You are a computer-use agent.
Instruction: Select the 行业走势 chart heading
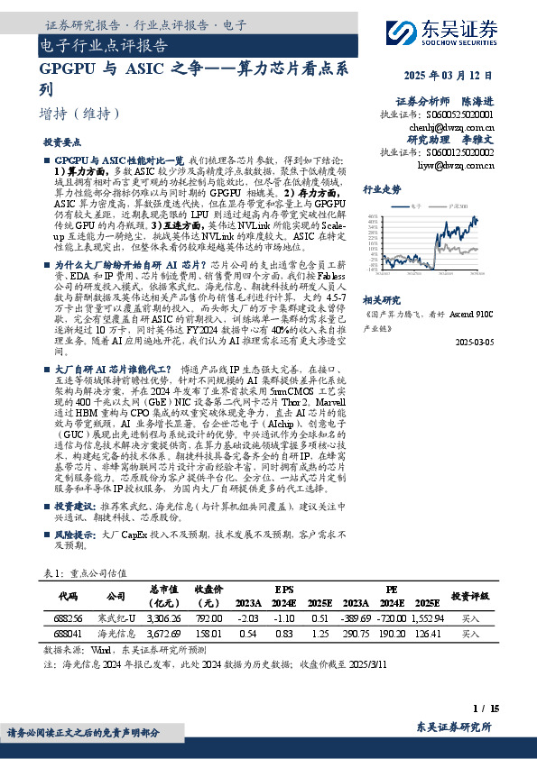[382, 190]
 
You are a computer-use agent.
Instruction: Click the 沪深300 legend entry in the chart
[456, 206]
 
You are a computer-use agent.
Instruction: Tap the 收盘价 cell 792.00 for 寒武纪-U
[208, 619]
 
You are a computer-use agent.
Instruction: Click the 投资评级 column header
[470, 596]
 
